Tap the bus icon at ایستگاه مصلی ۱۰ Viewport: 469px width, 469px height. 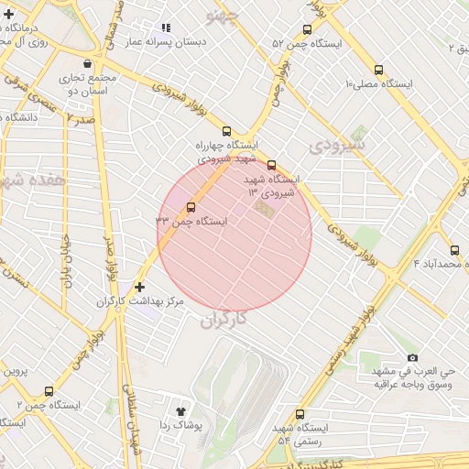(x=378, y=70)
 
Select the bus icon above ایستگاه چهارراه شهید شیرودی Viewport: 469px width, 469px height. (x=227, y=131)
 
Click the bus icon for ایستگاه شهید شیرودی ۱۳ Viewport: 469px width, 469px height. (x=270, y=166)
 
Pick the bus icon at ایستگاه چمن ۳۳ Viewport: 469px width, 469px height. (x=191, y=207)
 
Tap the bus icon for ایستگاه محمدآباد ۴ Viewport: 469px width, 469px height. (x=454, y=250)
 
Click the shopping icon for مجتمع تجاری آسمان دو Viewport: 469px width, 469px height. (x=87, y=64)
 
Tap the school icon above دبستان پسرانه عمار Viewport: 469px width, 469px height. (x=166, y=28)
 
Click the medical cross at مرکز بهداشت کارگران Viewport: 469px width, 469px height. (x=139, y=287)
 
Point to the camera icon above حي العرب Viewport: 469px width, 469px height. (x=412, y=357)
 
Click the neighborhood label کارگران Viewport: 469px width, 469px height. (x=223, y=320)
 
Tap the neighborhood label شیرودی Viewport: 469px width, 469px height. (x=337, y=145)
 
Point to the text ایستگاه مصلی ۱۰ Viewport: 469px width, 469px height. (x=378, y=83)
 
